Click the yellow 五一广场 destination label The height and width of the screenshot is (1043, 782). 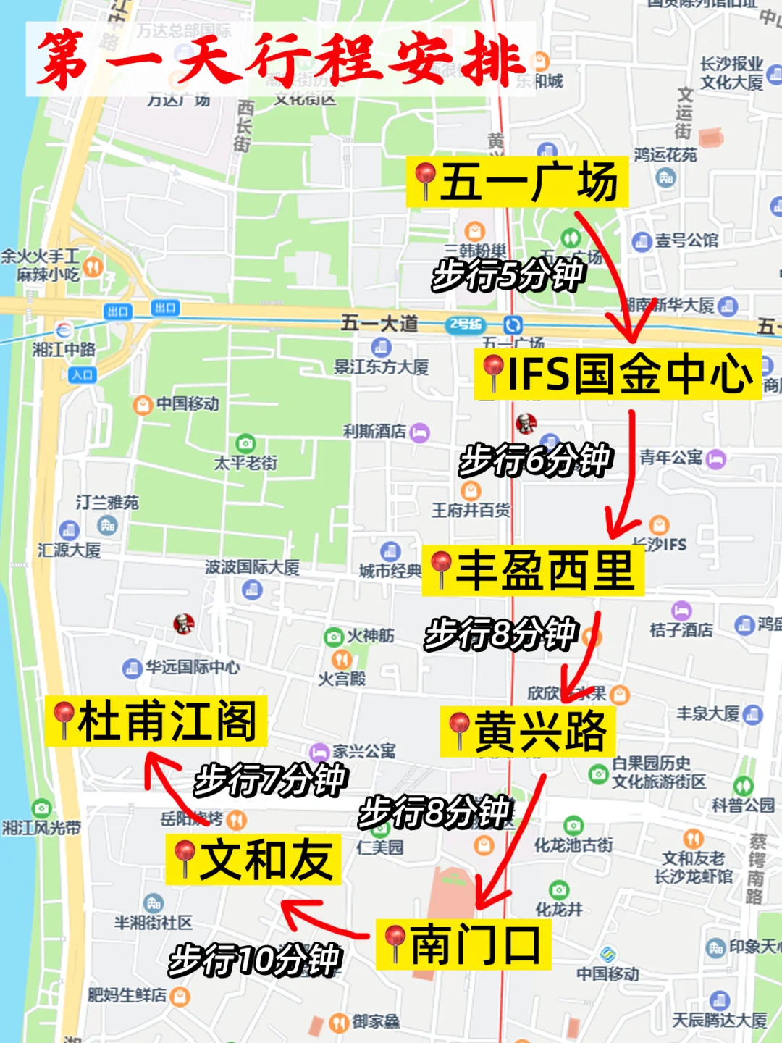point(517,182)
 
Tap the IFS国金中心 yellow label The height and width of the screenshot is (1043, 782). point(618,374)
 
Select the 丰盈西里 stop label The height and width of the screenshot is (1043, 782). point(533,570)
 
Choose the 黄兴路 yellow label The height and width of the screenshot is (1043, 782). point(528,732)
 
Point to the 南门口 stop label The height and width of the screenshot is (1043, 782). point(463,944)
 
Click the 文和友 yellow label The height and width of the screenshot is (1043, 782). point(253,859)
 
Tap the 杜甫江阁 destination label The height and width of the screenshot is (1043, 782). point(156,721)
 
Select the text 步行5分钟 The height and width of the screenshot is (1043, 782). point(508,275)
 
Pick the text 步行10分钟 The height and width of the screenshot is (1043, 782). point(254,960)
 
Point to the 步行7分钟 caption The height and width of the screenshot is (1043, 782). point(271,779)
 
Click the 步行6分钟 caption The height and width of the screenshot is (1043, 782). point(536,459)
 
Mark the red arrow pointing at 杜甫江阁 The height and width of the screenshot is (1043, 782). point(170,786)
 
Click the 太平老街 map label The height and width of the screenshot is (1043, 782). point(245,462)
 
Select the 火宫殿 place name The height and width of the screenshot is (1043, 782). point(342,678)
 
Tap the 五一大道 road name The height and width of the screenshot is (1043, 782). point(379,322)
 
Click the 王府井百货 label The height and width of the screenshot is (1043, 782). point(471,510)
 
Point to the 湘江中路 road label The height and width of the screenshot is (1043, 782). point(64,349)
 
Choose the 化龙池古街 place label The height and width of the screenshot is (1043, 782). point(573,845)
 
